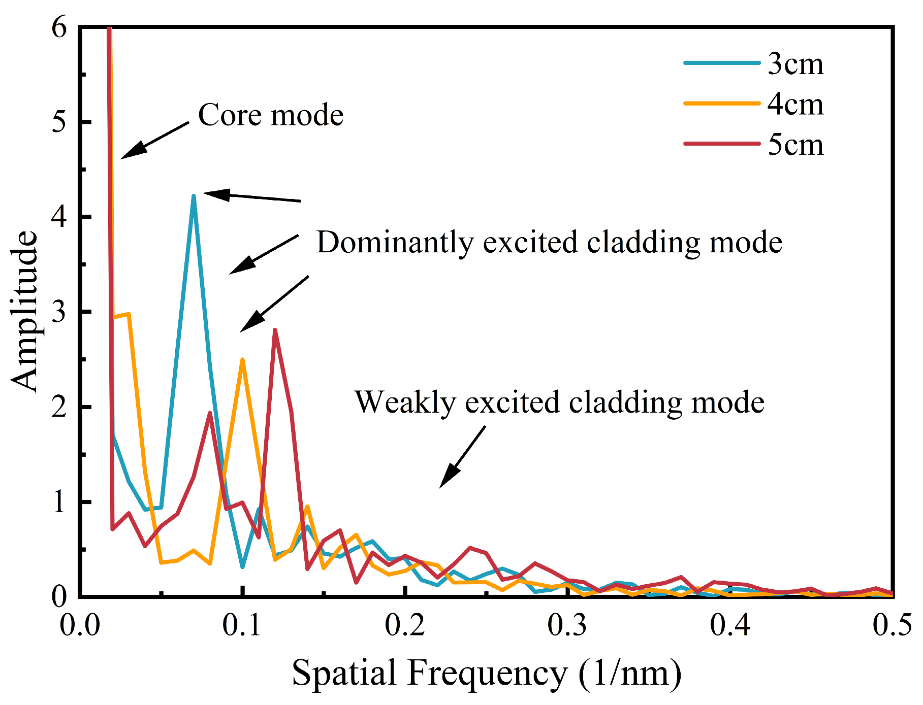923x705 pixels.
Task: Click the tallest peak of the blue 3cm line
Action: coord(194,196)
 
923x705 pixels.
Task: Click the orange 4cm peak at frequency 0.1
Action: coord(243,360)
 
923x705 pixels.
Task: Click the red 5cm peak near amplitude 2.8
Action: coord(275,330)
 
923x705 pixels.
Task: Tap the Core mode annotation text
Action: coord(270,115)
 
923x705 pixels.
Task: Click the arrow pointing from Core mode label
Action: coord(154,140)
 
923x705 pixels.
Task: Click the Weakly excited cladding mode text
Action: coord(559,402)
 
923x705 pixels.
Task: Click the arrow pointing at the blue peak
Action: coord(252,197)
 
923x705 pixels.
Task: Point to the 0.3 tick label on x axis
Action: coord(568,625)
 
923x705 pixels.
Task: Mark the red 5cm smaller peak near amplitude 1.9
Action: coord(210,413)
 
